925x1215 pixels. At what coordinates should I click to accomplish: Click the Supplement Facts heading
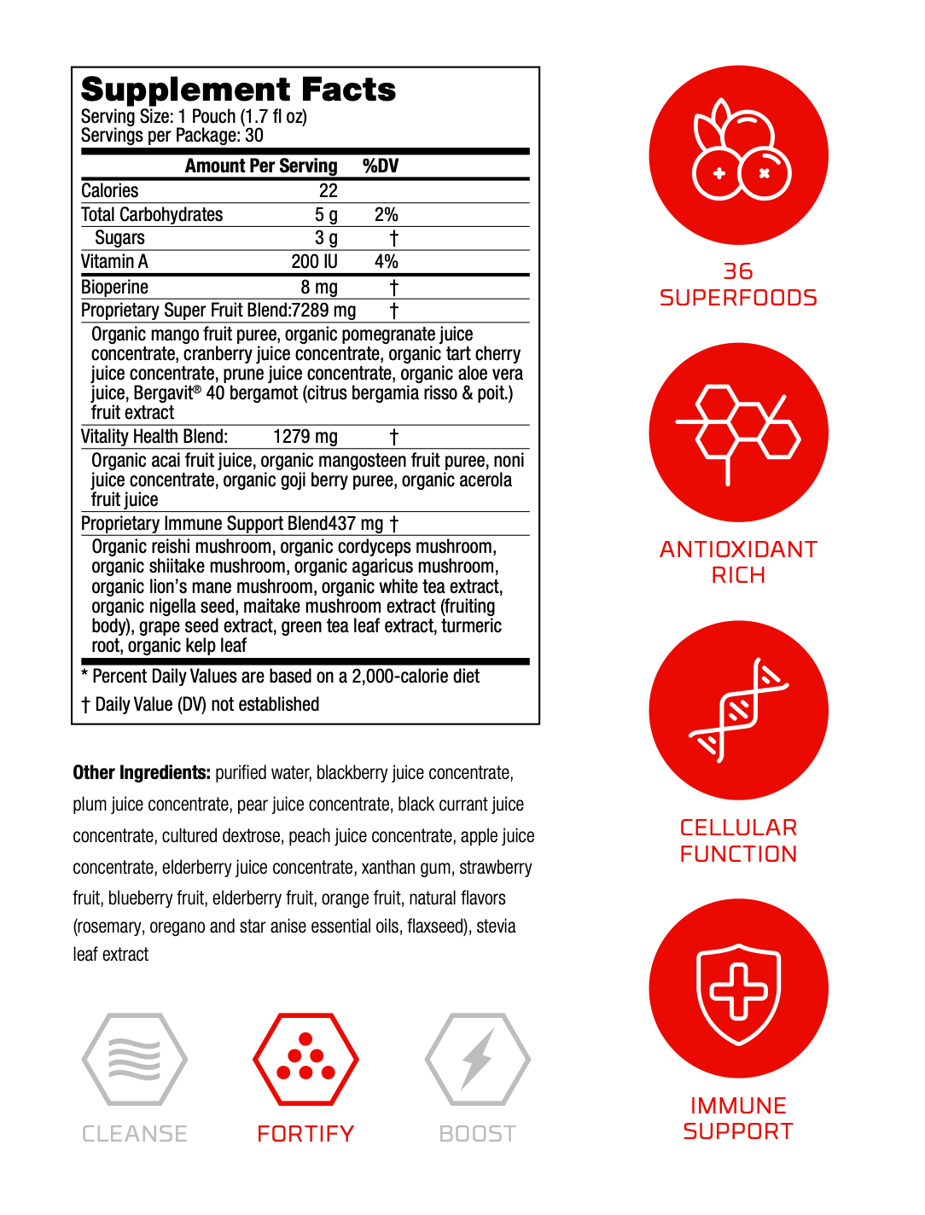click(x=238, y=90)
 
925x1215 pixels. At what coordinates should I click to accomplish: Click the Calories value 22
click(x=328, y=191)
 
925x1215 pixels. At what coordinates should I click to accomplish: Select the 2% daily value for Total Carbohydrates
click(x=386, y=215)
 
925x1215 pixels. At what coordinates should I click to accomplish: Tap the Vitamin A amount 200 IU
click(x=314, y=262)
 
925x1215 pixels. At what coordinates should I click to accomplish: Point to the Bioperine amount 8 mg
click(x=318, y=288)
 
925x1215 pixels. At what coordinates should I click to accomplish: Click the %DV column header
click(x=380, y=166)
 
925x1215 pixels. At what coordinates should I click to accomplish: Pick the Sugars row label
click(x=119, y=238)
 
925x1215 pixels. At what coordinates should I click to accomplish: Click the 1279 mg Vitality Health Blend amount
click(x=305, y=437)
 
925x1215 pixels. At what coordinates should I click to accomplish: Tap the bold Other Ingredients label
click(x=141, y=773)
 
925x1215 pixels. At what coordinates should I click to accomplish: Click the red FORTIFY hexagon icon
click(x=305, y=1059)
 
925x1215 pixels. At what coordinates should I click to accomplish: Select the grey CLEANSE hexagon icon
click(x=134, y=1059)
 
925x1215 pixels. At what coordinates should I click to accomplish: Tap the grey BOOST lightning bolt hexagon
click(x=477, y=1059)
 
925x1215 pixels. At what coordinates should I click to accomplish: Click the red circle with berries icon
click(x=738, y=155)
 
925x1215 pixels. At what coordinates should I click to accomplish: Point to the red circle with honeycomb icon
click(x=738, y=433)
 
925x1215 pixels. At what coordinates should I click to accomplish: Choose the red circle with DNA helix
click(x=738, y=710)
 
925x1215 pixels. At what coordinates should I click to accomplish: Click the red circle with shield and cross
click(x=738, y=988)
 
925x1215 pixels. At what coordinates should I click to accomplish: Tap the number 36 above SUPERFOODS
click(x=738, y=271)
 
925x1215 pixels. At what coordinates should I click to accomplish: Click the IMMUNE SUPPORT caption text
click(x=738, y=1119)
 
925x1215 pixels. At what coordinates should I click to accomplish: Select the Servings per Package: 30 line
click(x=172, y=136)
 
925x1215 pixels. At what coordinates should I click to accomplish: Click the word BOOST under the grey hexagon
click(x=477, y=1134)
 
